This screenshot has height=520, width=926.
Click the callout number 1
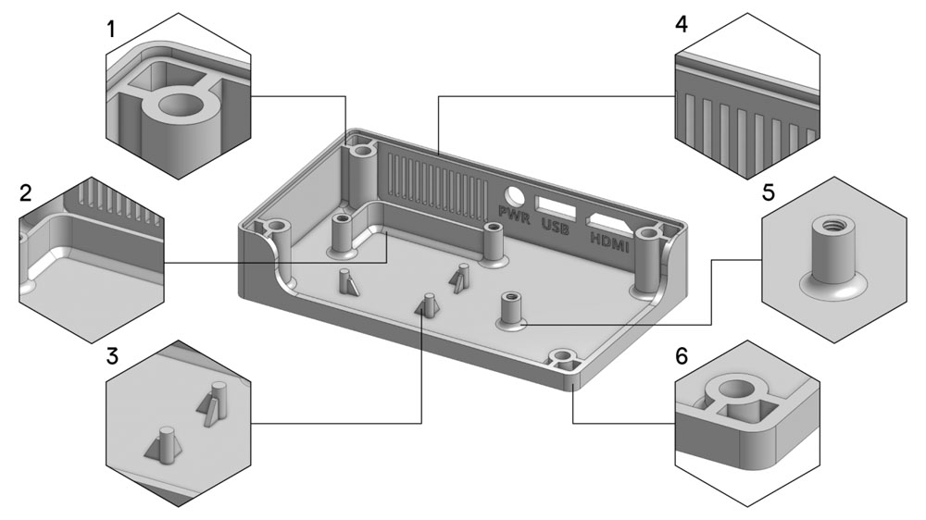112,29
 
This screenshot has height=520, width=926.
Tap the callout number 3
112,356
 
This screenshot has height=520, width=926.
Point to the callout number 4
682,24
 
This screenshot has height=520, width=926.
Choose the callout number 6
682,357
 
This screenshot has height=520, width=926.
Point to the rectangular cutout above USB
554,206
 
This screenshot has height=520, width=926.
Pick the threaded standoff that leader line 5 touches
510,307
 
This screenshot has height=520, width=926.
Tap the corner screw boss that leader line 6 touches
562,358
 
